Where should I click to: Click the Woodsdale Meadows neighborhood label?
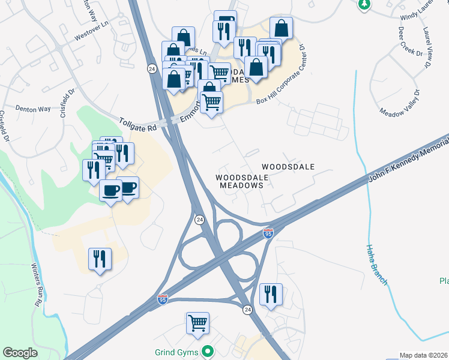(x=240, y=181)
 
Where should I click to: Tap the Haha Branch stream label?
(x=377, y=264)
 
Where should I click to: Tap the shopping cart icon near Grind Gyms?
(x=197, y=323)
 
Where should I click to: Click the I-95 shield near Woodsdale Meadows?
(x=268, y=232)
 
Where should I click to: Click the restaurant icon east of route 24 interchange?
(x=271, y=295)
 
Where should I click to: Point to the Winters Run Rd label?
(x=35, y=284)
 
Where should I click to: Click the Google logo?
(x=20, y=353)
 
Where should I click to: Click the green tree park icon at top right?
(x=363, y=5)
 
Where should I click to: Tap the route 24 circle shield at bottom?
(x=247, y=309)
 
